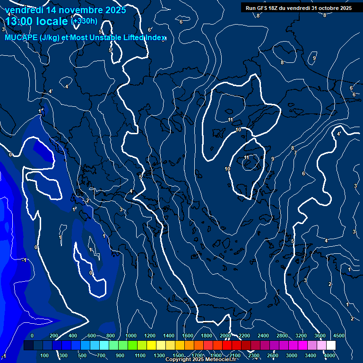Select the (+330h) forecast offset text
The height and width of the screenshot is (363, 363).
tap(84, 21)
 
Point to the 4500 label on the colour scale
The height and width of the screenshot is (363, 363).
tap(339, 335)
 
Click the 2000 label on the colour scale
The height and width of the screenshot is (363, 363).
tap(225, 335)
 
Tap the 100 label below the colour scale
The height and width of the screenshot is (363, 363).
tap(45, 355)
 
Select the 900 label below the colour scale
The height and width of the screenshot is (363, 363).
tap(120, 355)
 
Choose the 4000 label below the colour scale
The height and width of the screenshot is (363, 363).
tap(329, 355)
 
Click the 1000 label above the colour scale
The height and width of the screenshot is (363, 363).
tap(131, 335)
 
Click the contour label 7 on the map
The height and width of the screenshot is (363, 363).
tap(295, 153)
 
